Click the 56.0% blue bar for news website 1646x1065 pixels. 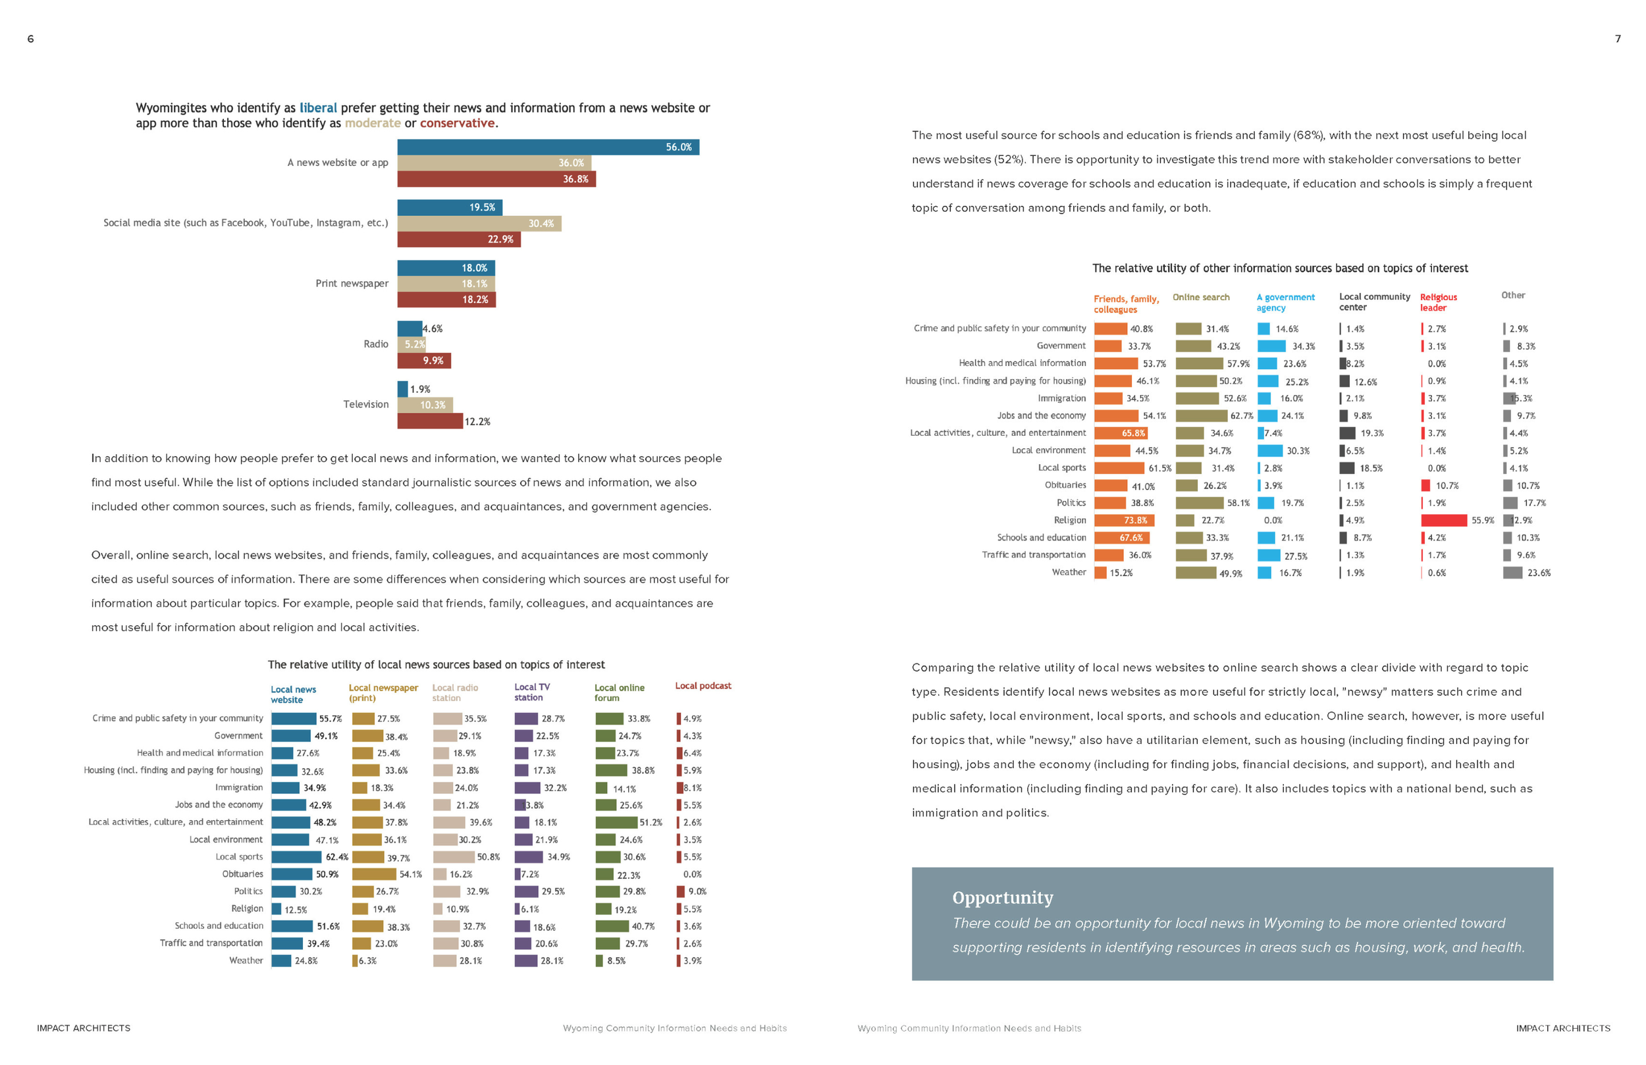click(548, 147)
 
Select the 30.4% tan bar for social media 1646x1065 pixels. click(479, 223)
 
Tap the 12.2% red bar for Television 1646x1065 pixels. click(429, 421)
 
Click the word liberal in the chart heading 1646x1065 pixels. click(318, 108)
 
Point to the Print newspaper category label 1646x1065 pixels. click(352, 284)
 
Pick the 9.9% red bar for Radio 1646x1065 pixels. click(423, 360)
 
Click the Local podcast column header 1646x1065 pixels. click(703, 686)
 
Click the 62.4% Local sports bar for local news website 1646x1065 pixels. click(296, 857)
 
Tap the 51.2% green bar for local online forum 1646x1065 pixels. click(616, 822)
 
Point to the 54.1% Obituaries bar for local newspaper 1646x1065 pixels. click(374, 874)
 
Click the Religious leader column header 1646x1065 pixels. click(1438, 302)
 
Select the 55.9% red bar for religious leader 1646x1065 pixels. click(1443, 520)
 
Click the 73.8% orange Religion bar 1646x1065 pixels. click(1124, 520)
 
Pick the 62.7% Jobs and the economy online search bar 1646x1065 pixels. click(1201, 415)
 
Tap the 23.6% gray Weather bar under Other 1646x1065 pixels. click(1512, 573)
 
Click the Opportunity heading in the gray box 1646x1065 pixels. click(1002, 898)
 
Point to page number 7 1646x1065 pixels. click(1618, 39)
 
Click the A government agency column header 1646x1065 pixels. click(1285, 302)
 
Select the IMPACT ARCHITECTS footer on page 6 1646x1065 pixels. click(84, 1028)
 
